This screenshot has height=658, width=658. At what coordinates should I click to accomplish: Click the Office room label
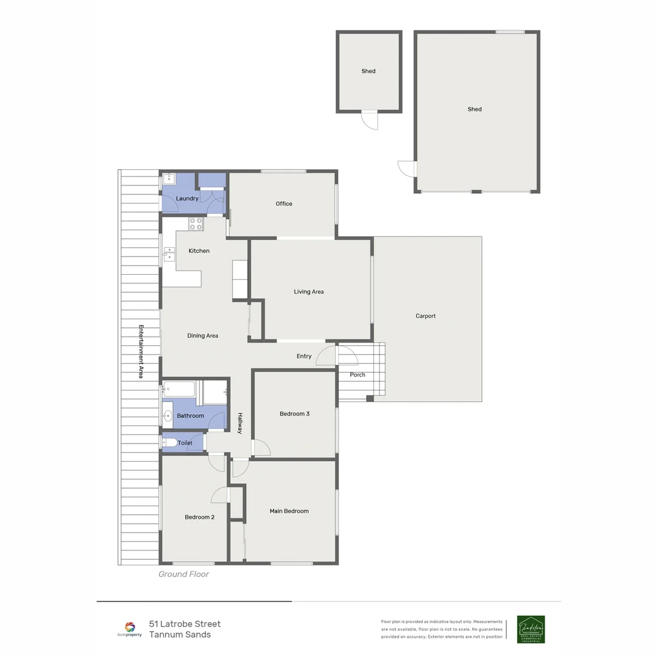pyautogui.click(x=284, y=203)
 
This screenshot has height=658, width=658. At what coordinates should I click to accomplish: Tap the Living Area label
pyautogui.click(x=308, y=292)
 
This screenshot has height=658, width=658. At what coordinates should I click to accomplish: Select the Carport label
pyautogui.click(x=425, y=316)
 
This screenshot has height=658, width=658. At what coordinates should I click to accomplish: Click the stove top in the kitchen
pyautogui.click(x=196, y=224)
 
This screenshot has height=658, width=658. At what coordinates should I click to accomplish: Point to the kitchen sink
pyautogui.click(x=169, y=255)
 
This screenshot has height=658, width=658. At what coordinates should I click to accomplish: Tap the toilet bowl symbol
pyautogui.click(x=170, y=442)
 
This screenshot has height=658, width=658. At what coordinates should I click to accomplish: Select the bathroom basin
pyautogui.click(x=168, y=416)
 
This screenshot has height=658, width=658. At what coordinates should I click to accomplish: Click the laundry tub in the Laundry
pyautogui.click(x=169, y=179)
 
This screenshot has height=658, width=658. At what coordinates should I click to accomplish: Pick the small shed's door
pyautogui.click(x=369, y=120)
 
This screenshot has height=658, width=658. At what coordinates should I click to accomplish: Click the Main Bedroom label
pyautogui.click(x=289, y=511)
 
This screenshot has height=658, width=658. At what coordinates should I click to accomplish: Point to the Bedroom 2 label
pyautogui.click(x=199, y=517)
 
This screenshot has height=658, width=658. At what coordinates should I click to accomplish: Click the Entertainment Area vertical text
pyautogui.click(x=141, y=352)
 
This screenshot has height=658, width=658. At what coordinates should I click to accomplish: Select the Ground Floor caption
pyautogui.click(x=183, y=574)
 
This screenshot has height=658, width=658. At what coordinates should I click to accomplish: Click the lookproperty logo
pyautogui.click(x=129, y=629)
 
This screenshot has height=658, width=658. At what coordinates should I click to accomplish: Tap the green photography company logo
pyautogui.click(x=531, y=629)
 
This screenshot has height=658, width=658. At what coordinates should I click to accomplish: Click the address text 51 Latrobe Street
pyautogui.click(x=185, y=624)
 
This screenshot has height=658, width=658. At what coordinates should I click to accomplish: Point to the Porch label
pyautogui.click(x=358, y=375)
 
